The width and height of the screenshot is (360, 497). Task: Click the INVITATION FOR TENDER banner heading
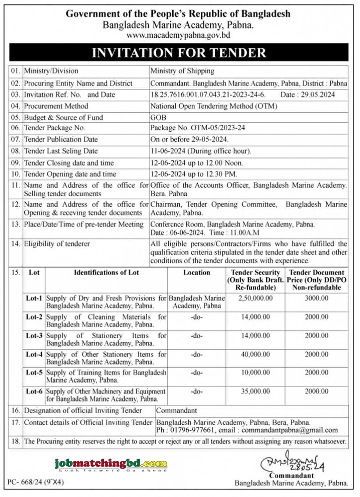point(179,53)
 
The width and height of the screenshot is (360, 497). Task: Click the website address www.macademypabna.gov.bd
point(178,35)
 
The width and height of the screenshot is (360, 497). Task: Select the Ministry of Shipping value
point(182,71)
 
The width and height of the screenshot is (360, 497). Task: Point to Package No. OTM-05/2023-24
point(198,128)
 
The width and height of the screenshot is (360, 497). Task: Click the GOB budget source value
point(158,118)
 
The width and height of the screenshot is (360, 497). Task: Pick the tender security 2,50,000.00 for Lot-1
point(255,298)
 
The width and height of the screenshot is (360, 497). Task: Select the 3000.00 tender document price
point(316,298)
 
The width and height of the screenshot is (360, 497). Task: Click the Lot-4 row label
point(34,355)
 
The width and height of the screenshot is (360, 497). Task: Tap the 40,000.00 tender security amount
point(255,355)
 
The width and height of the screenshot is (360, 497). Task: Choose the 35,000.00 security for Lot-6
point(255,392)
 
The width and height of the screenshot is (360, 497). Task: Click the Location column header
point(196,272)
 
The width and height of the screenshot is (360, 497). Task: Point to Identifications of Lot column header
point(106,272)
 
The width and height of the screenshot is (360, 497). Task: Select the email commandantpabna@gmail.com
point(290,430)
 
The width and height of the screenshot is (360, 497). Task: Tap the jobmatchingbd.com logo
point(111,464)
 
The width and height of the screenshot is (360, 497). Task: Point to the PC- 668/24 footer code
point(35,482)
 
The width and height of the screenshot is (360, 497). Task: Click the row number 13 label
point(16,224)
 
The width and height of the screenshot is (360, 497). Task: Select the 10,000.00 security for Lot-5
point(255,373)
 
